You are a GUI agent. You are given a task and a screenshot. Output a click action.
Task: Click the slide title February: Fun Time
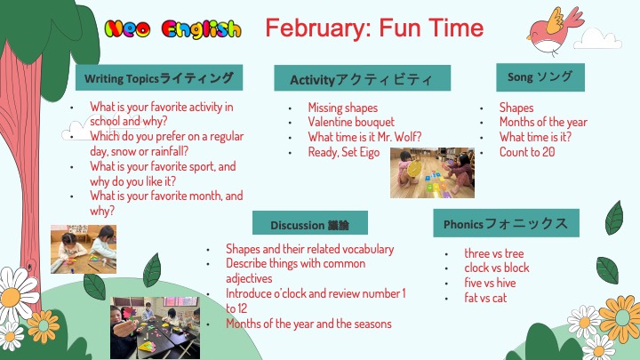click(374, 28)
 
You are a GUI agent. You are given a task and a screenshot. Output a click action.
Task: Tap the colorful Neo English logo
click(172, 29)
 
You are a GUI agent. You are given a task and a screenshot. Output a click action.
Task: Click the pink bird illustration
click(554, 31)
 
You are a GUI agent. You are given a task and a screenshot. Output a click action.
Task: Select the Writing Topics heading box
click(159, 77)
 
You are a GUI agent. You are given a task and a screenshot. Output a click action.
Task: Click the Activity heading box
click(363, 78)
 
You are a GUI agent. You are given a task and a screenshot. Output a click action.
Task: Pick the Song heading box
click(540, 77)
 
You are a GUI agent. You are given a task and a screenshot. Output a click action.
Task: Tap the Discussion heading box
click(310, 223)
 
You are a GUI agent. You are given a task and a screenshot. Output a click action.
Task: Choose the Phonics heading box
click(506, 223)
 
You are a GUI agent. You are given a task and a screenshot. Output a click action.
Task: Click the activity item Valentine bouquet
click(351, 122)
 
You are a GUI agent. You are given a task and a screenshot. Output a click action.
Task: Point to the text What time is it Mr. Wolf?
click(364, 137)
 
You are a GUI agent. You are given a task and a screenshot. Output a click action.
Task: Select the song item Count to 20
click(527, 152)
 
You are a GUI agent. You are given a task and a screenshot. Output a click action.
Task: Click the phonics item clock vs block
click(496, 268)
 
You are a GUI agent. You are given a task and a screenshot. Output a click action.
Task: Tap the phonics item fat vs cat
click(485, 298)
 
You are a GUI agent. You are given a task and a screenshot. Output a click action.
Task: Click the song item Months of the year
click(543, 122)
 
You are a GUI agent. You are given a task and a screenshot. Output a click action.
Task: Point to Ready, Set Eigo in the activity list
click(344, 152)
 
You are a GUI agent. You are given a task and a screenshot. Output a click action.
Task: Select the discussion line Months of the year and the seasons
click(308, 324)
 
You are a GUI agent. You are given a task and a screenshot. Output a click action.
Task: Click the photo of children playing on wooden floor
click(432, 172)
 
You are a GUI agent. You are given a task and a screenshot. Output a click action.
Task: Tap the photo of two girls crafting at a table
click(84, 249)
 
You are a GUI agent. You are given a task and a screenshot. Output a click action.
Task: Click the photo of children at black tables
click(155, 328)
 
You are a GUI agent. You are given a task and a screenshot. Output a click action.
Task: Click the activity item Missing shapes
click(343, 108)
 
